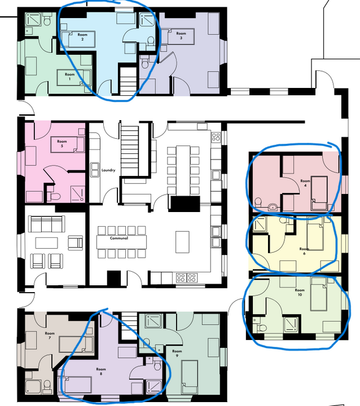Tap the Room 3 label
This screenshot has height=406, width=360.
pos(181,37)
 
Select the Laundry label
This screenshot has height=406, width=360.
pos(108,170)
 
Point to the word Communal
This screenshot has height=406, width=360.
pos(119,238)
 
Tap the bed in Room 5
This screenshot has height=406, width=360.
pos(68,145)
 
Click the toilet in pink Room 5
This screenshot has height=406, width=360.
pos(55,197)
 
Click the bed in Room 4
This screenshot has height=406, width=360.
pos(320,192)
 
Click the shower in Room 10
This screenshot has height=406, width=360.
pos(292,324)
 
